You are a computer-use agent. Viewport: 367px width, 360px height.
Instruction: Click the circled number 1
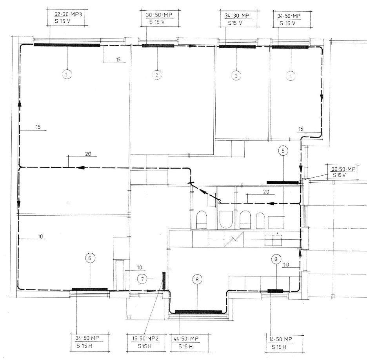[x=67, y=75]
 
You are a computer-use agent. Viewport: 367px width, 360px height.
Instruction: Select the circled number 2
[x=157, y=75]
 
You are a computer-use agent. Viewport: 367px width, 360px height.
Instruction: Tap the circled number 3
[x=236, y=76]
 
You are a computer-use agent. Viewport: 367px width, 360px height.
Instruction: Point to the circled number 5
[x=283, y=151]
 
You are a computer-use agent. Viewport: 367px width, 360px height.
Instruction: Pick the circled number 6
[x=90, y=258]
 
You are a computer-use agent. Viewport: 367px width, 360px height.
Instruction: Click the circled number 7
[x=142, y=279]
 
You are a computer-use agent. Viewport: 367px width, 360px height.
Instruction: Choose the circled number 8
[x=197, y=279]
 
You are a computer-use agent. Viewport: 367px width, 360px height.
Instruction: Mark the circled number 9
[x=276, y=259]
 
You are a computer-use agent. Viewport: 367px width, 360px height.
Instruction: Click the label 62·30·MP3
[x=68, y=14]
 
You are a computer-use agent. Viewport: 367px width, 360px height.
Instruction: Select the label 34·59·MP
[x=289, y=16]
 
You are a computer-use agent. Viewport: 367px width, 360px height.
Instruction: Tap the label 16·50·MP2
[x=145, y=338]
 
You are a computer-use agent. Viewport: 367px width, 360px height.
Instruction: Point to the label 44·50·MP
[x=186, y=339]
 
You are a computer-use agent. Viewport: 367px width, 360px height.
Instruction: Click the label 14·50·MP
[x=281, y=339]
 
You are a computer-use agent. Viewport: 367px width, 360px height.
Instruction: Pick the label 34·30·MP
[x=237, y=16]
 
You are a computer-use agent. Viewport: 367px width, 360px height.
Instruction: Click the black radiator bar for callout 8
[x=198, y=312]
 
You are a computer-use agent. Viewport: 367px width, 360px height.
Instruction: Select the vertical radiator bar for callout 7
[x=164, y=280]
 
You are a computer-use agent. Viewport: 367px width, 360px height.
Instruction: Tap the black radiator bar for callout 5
[x=283, y=183]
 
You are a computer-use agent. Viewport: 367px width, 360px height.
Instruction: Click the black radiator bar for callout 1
[x=67, y=45]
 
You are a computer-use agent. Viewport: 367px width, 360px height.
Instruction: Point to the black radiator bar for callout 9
[x=275, y=291]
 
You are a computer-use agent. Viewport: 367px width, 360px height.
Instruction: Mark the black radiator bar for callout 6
[x=90, y=289]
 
